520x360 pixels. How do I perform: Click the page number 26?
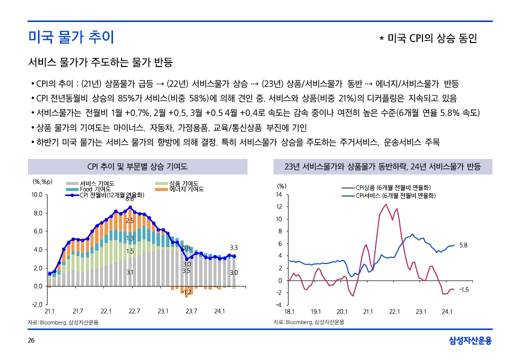pyautogui.click(x=30, y=341)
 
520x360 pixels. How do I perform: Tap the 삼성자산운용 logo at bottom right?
pyautogui.click(x=470, y=341)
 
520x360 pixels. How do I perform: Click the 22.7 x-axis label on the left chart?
pyautogui.click(x=134, y=311)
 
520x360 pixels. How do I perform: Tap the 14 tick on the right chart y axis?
pyautogui.click(x=279, y=194)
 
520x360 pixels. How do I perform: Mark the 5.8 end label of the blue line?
pyautogui.click(x=463, y=245)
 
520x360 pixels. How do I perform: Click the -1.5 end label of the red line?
pyautogui.click(x=464, y=289)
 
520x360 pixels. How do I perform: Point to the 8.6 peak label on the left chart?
pyautogui.click(x=129, y=199)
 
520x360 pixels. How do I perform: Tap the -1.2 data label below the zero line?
pyautogui.click(x=186, y=291)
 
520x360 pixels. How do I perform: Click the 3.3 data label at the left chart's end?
pyautogui.click(x=233, y=247)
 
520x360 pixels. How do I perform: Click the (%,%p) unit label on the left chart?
pyautogui.click(x=42, y=181)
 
